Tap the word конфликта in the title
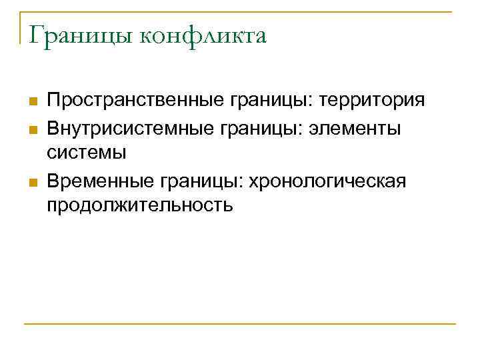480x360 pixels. pos(205,36)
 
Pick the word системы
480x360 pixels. pos(87,153)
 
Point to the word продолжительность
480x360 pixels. pos(139,205)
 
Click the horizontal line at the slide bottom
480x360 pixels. pos(240,324)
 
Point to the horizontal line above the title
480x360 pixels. pos(240,11)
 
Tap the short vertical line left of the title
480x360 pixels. pos(21,27)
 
